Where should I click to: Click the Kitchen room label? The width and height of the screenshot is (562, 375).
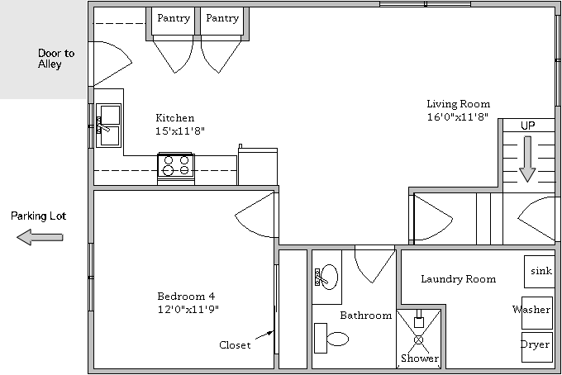(175, 117)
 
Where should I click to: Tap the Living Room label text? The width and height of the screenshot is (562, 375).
(459, 104)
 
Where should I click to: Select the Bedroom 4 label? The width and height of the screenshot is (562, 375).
(186, 297)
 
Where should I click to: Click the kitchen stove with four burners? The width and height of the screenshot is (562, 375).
(176, 169)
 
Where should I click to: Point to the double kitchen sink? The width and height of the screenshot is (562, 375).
(108, 126)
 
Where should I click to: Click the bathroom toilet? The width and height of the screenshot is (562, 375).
(331, 339)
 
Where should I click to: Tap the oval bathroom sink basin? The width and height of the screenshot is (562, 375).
(329, 277)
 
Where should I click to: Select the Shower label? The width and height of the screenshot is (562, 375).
(420, 358)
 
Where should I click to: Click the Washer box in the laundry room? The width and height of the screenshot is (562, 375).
(537, 313)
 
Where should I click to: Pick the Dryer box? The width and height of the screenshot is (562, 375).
(537, 347)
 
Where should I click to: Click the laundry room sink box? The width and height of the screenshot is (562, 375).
(540, 272)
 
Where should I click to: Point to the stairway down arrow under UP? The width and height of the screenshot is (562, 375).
(527, 159)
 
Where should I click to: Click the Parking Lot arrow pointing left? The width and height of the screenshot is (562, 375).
(40, 237)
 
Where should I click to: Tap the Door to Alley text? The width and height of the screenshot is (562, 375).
(56, 59)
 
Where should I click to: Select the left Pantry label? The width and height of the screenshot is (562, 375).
(174, 18)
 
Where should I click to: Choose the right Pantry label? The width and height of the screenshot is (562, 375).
(222, 18)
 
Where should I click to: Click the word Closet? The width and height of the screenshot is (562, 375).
(235, 345)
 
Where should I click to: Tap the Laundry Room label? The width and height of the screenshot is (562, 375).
(459, 279)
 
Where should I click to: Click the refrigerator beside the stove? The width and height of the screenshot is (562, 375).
(258, 167)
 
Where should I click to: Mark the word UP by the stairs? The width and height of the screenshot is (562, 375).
(527, 126)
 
